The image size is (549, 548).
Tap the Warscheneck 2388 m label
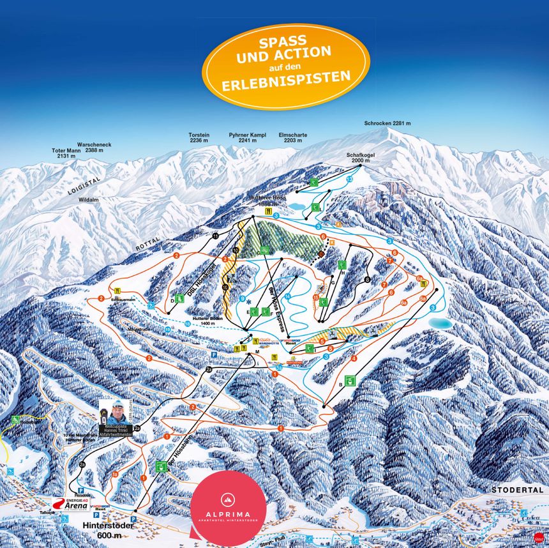click(x=94, y=148)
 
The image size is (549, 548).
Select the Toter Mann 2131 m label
click(x=63, y=153)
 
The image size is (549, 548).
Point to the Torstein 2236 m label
click(x=199, y=138)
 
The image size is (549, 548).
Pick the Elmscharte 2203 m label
click(x=293, y=138)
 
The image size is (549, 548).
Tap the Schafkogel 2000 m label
click(x=359, y=158)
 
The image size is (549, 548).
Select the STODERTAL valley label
click(x=516, y=489)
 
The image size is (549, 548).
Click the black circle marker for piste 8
click(x=367, y=280)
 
